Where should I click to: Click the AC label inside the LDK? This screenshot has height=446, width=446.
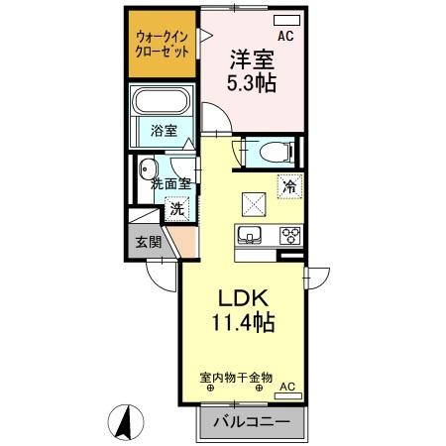pyautogui.click(x=287, y=387)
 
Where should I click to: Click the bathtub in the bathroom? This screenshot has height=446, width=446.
pyautogui.click(x=163, y=103)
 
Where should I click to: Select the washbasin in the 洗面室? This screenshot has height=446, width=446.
pyautogui.click(x=148, y=167)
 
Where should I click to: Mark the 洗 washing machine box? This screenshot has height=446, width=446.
pyautogui.click(x=176, y=209)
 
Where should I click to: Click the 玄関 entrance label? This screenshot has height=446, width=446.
pyautogui.click(x=148, y=241)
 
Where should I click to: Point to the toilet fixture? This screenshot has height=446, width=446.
pyautogui.click(x=273, y=152)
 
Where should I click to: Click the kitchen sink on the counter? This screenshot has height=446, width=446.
pyautogui.click(x=248, y=236)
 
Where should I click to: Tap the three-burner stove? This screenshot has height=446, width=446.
pyautogui.click(x=290, y=236)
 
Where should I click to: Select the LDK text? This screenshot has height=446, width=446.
pyautogui.click(x=239, y=298)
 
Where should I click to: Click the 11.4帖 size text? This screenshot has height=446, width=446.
pyautogui.click(x=239, y=324)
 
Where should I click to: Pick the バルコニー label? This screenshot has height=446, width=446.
pyautogui.click(x=244, y=422)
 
